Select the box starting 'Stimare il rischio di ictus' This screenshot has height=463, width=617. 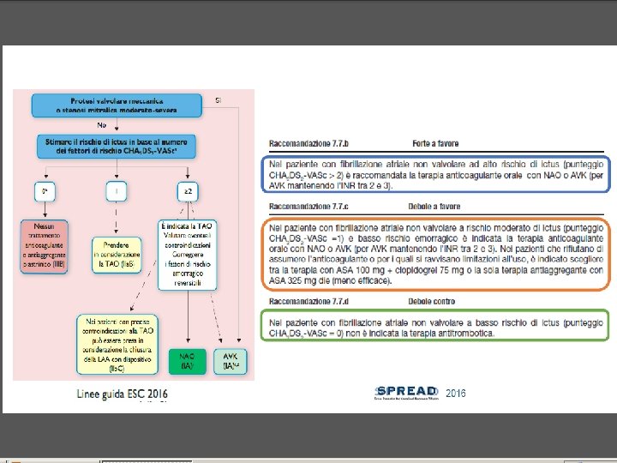[x=118, y=146]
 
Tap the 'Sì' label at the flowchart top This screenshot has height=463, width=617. [x=219, y=100]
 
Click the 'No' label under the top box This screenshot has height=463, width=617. [x=101, y=125]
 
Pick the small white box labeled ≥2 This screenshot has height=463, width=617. [x=189, y=190]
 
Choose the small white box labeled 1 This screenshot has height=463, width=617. [x=117, y=190]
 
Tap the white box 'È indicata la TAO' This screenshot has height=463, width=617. [x=189, y=255]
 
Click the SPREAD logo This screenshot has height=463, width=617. [x=406, y=392]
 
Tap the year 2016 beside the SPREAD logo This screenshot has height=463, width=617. [x=456, y=392]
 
